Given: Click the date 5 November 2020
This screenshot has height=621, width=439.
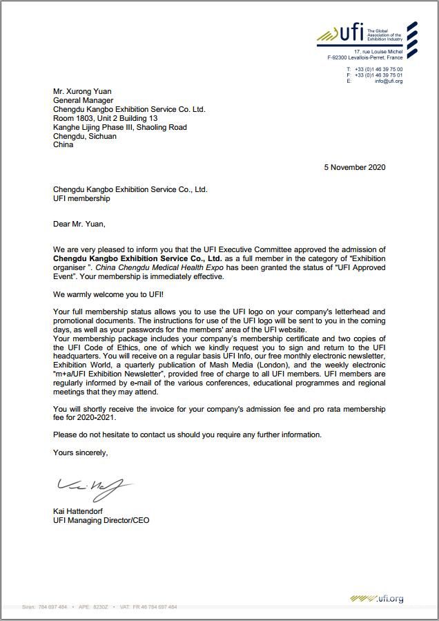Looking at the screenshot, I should (355, 167).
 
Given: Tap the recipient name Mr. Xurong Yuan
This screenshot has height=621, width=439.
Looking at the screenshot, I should (82, 91).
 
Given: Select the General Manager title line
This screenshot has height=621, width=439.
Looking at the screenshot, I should (83, 100).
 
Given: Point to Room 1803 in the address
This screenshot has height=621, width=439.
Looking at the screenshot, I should (73, 118).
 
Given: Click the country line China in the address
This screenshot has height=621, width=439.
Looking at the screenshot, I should (63, 145).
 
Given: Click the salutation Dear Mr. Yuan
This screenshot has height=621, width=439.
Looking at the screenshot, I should (79, 224).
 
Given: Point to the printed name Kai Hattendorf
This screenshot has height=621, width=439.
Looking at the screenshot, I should (82, 511).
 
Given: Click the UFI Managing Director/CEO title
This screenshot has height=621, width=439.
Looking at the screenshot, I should (101, 520).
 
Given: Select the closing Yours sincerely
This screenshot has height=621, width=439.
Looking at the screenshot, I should (80, 452).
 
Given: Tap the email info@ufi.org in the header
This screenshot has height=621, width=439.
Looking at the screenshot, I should (389, 82).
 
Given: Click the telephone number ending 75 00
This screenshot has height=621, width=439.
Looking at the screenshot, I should (378, 70).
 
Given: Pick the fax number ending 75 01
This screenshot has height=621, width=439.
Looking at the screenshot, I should (378, 75).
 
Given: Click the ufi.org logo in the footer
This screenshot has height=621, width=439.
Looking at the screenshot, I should (377, 598).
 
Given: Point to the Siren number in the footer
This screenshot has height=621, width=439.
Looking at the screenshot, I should (45, 607).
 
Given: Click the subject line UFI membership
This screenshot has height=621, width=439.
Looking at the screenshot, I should (81, 198).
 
